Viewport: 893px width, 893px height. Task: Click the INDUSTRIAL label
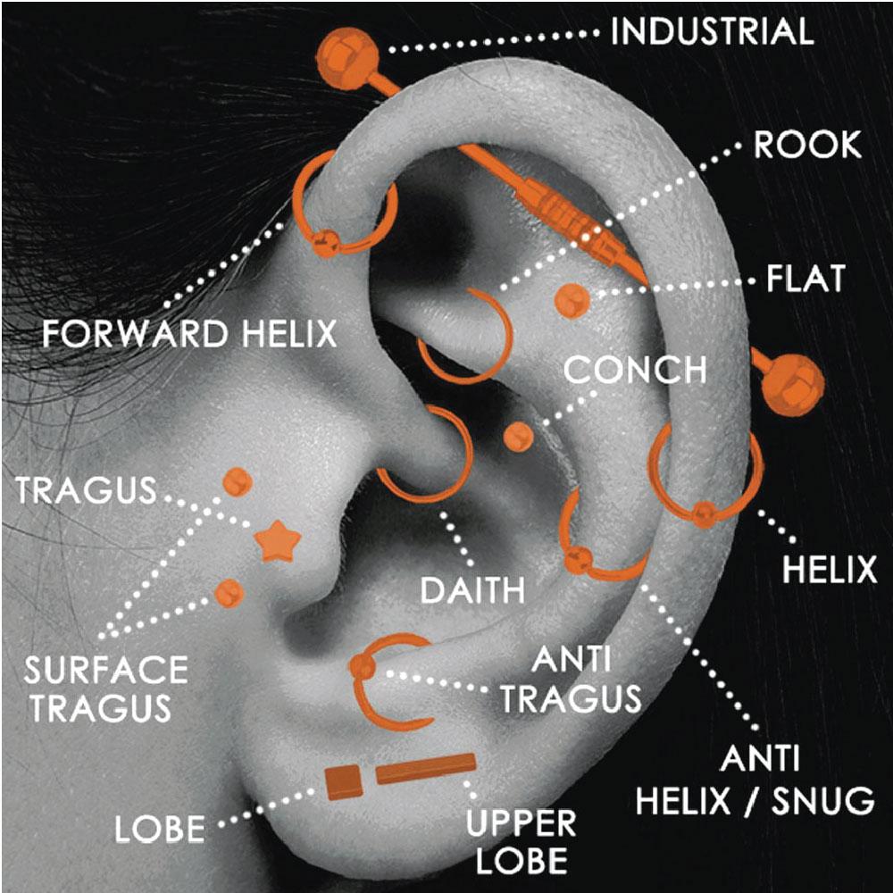point(712,32)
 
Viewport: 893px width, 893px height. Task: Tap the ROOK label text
point(807,146)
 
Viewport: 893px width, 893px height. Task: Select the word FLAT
point(805,279)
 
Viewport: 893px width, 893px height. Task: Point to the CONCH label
point(635,370)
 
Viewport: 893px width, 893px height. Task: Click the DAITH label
point(472,590)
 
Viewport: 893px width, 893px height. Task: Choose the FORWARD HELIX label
point(189,334)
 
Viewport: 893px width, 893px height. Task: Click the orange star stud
point(278,541)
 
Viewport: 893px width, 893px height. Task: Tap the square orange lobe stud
point(344,782)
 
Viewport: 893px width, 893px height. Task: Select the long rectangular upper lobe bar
point(425,768)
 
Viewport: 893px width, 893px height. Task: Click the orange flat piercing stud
point(572,301)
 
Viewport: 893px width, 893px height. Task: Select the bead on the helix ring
point(705,514)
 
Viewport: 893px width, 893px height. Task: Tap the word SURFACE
point(106,670)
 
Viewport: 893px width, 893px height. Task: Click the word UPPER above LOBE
point(522,822)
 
